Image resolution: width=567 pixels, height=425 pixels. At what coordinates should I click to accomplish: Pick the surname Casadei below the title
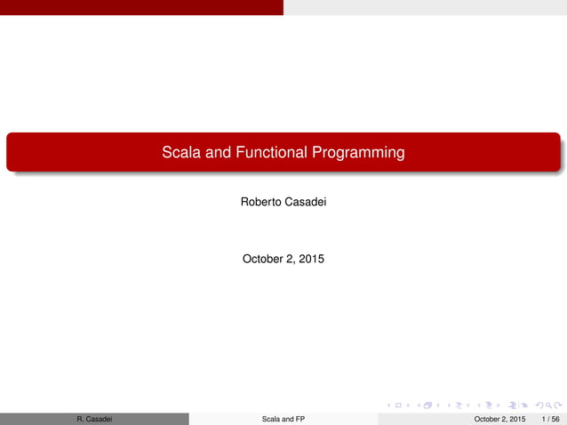coord(307,203)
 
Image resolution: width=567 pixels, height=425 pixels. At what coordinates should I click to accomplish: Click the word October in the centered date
coord(265,260)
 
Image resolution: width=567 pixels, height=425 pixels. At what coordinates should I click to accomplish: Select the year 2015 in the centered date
coord(311,260)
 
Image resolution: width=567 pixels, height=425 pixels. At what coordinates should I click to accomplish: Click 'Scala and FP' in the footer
coord(283,419)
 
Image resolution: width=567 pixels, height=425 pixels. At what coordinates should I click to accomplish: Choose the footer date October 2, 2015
coord(499,419)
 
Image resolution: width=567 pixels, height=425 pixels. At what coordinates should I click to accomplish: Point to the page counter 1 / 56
coord(550,419)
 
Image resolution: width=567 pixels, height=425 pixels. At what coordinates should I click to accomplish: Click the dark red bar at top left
coord(141,7)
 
